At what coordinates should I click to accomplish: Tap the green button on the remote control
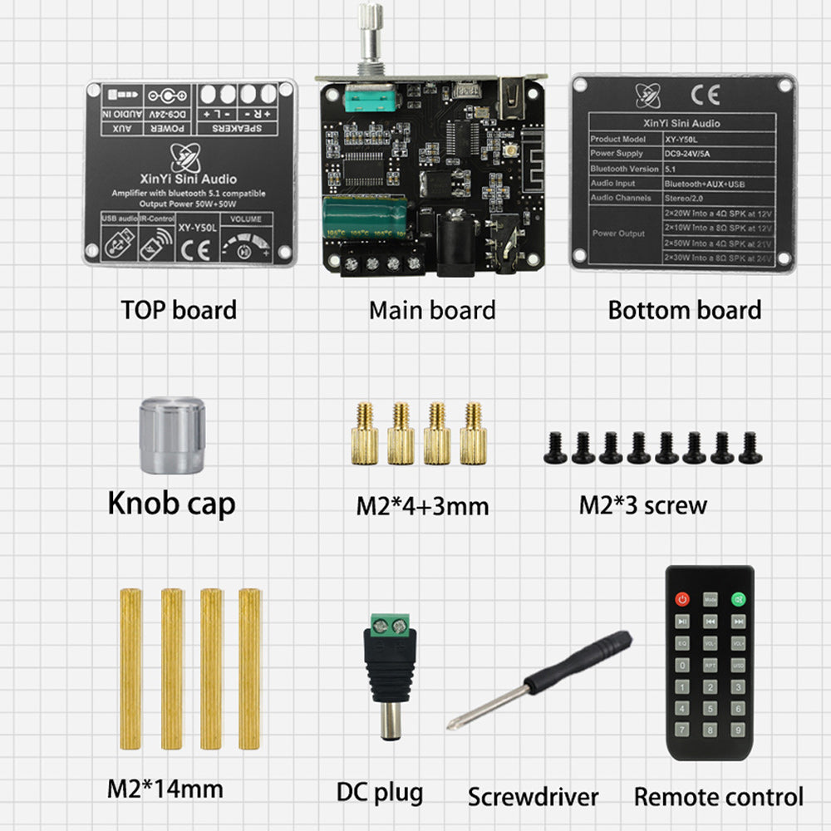(x=737, y=598)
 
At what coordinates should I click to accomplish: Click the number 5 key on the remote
(x=710, y=709)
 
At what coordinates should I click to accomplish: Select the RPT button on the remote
(x=710, y=665)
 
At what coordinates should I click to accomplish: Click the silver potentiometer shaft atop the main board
(x=370, y=33)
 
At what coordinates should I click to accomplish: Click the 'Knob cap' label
(x=171, y=503)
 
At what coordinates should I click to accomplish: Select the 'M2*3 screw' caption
(x=642, y=504)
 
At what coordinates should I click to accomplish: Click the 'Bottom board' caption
(x=684, y=311)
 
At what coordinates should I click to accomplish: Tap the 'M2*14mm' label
(x=165, y=788)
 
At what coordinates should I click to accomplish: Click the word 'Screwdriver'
(x=533, y=797)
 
